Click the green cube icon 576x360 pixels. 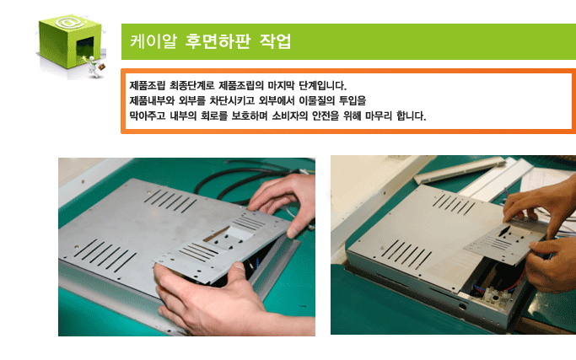[70, 41]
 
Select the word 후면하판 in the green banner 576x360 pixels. [218, 40]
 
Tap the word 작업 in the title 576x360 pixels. [276, 40]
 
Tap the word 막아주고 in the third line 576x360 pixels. [148, 116]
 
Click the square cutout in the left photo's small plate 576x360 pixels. [240, 233]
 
